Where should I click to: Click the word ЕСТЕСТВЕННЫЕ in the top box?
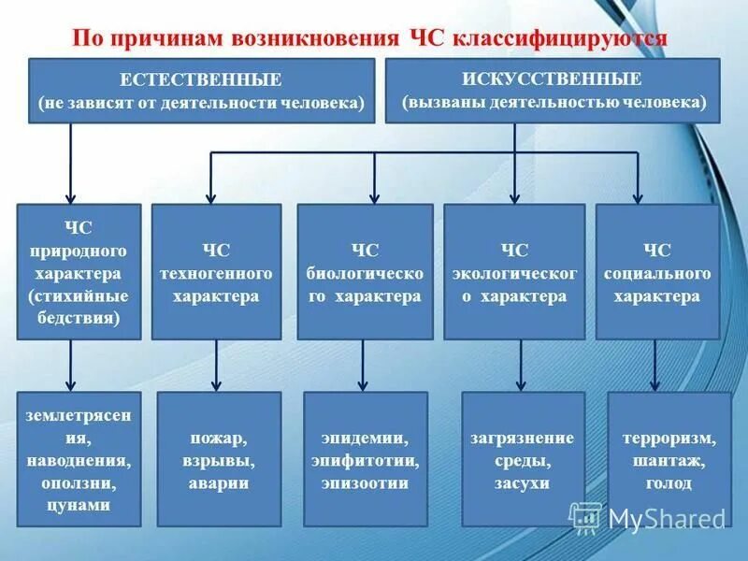pos(201,80)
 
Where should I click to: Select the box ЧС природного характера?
pos(79,271)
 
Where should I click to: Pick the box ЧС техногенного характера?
pos(216,271)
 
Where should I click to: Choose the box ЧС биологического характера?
pos(365,271)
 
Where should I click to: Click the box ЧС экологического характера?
pos(513,271)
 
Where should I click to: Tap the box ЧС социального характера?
pos(656,271)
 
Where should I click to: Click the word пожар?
pos(216,439)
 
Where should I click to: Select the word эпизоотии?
pos(365,483)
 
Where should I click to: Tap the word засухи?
pos(522,483)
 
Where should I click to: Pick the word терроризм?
pos(669,439)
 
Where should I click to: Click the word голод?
pos(669,483)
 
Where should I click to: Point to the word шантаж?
pos(669,461)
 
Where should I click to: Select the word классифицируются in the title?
pos(560,38)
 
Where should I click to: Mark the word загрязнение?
pos(522,439)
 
